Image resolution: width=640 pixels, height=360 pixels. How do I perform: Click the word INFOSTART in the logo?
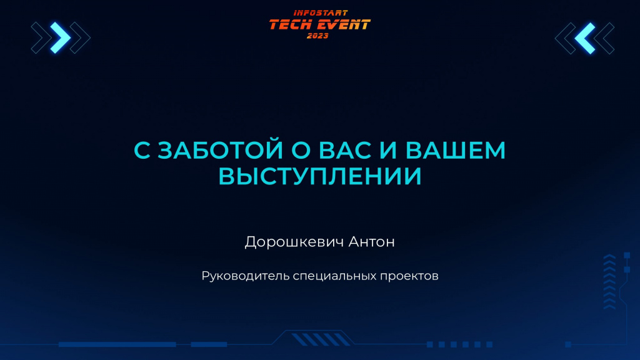pyautogui.click(x=321, y=13)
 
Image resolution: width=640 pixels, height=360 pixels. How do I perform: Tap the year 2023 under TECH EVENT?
pyautogui.click(x=317, y=36)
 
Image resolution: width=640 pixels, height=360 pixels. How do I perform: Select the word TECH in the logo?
pyautogui.click(x=291, y=25)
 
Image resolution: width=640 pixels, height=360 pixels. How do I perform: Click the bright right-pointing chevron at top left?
pyautogui.click(x=61, y=38)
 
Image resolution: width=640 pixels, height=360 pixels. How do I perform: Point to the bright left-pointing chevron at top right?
pyautogui.click(x=585, y=38)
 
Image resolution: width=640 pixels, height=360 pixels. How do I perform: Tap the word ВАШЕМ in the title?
pyautogui.click(x=456, y=150)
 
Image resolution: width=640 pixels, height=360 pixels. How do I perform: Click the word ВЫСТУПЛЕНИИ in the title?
pyautogui.click(x=320, y=176)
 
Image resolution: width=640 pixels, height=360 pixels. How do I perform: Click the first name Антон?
pyautogui.click(x=371, y=242)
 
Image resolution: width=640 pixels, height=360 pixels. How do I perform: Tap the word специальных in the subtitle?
pyautogui.click(x=335, y=276)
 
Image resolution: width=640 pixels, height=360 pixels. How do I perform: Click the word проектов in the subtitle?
pyautogui.click(x=409, y=276)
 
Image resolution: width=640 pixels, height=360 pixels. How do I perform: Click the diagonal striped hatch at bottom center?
pyautogui.click(x=321, y=339)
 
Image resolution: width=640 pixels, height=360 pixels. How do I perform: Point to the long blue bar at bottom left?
pyautogui.click(x=117, y=344)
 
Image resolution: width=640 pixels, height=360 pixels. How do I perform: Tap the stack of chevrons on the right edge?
pyautogui.click(x=609, y=282)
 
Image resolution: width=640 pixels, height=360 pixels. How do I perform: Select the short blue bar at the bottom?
pyautogui.click(x=209, y=344)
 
